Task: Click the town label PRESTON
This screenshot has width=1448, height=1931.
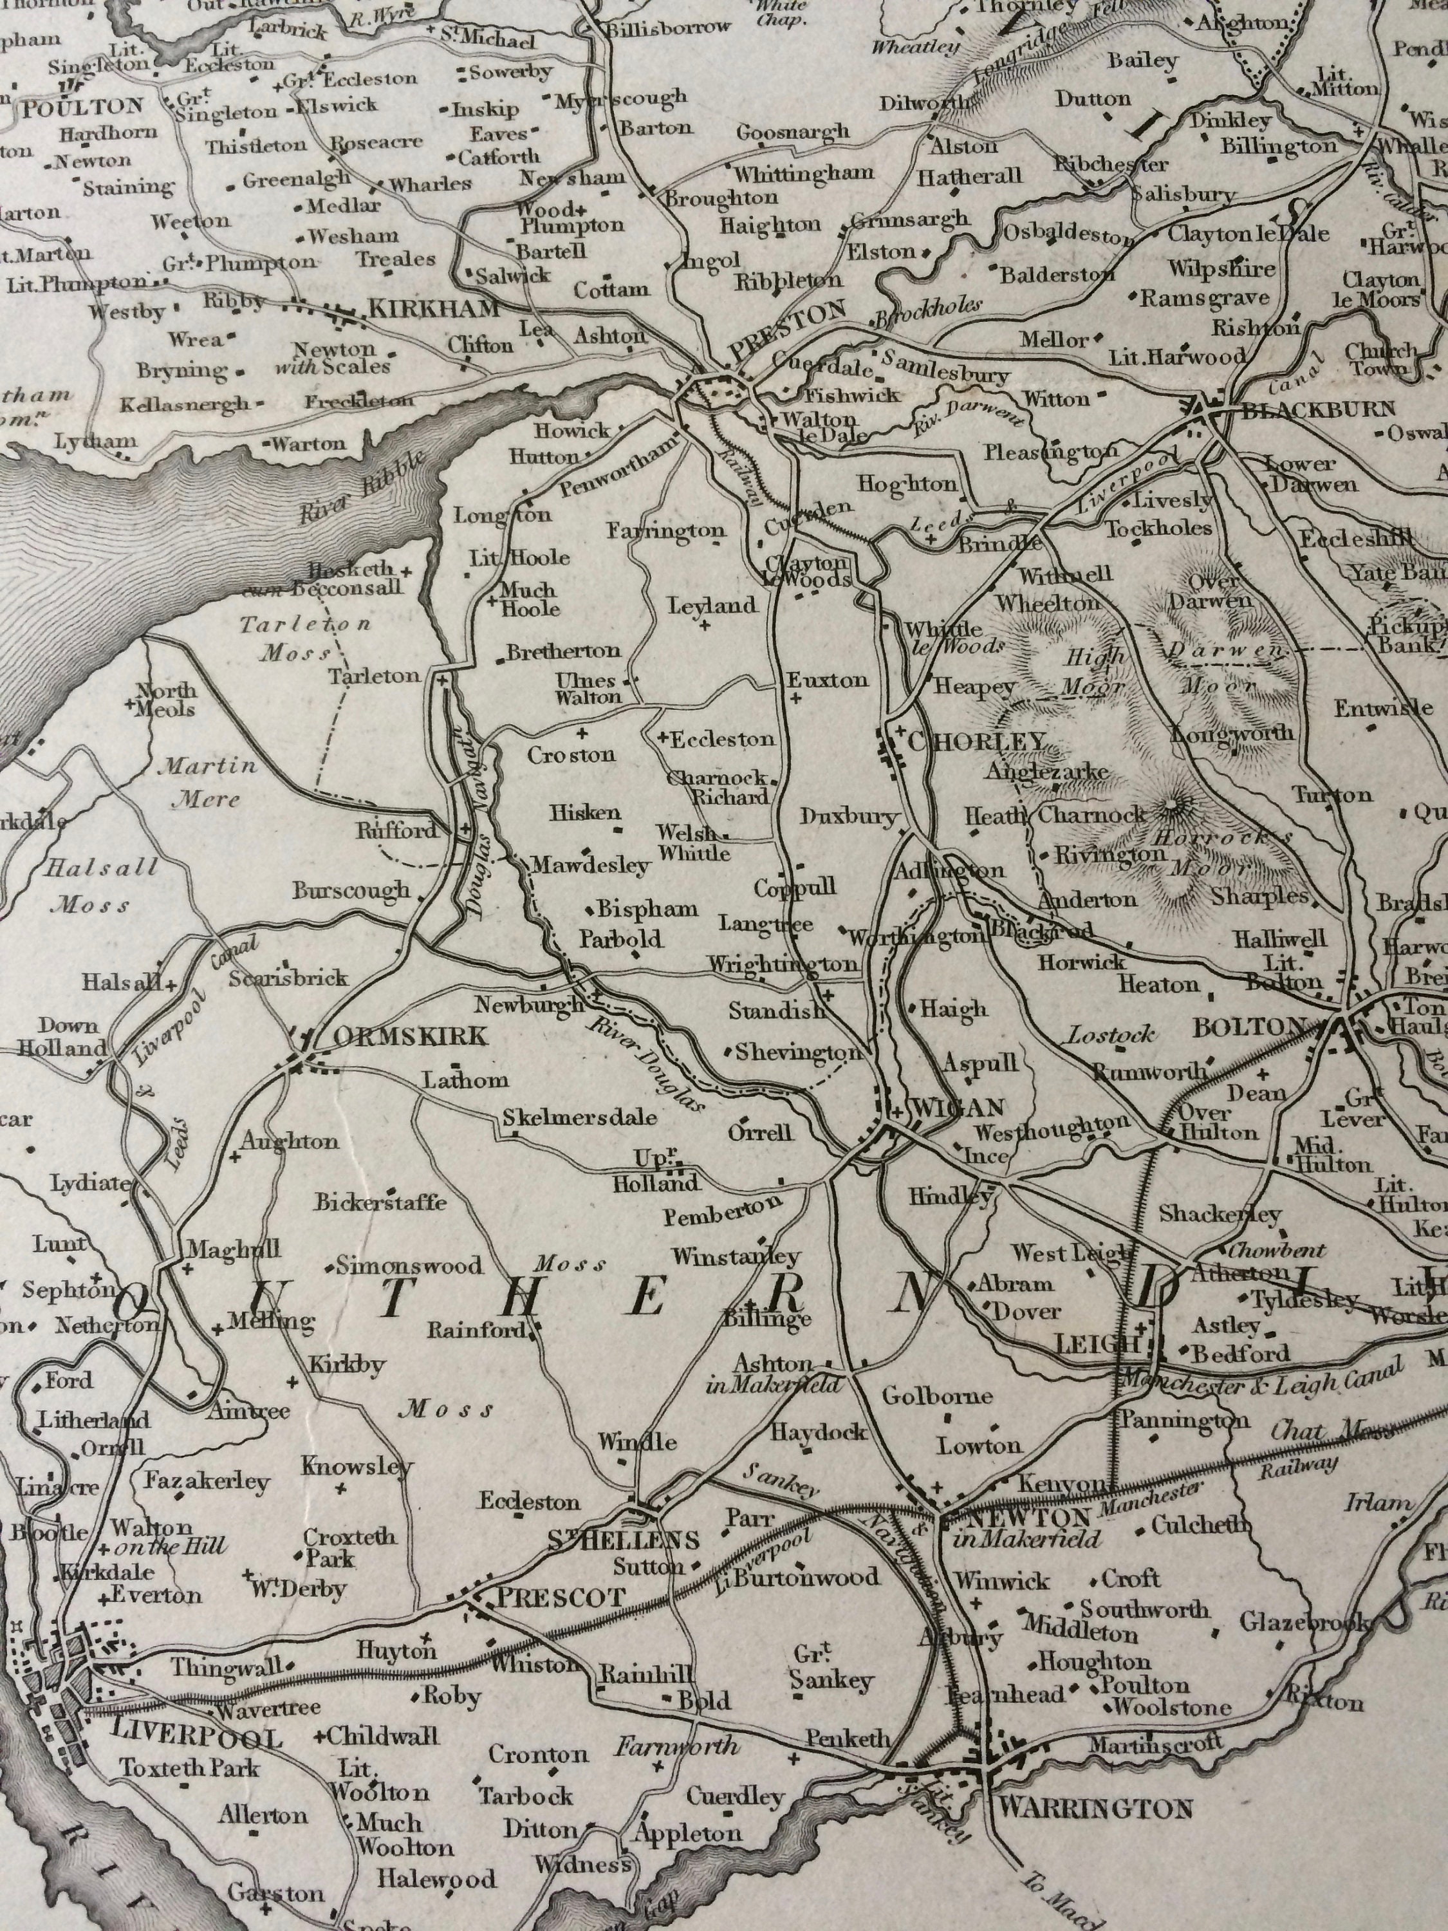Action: (x=786, y=331)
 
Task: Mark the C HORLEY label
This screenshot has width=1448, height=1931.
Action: (x=976, y=742)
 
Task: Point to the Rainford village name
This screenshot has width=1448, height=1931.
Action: (x=477, y=1330)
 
